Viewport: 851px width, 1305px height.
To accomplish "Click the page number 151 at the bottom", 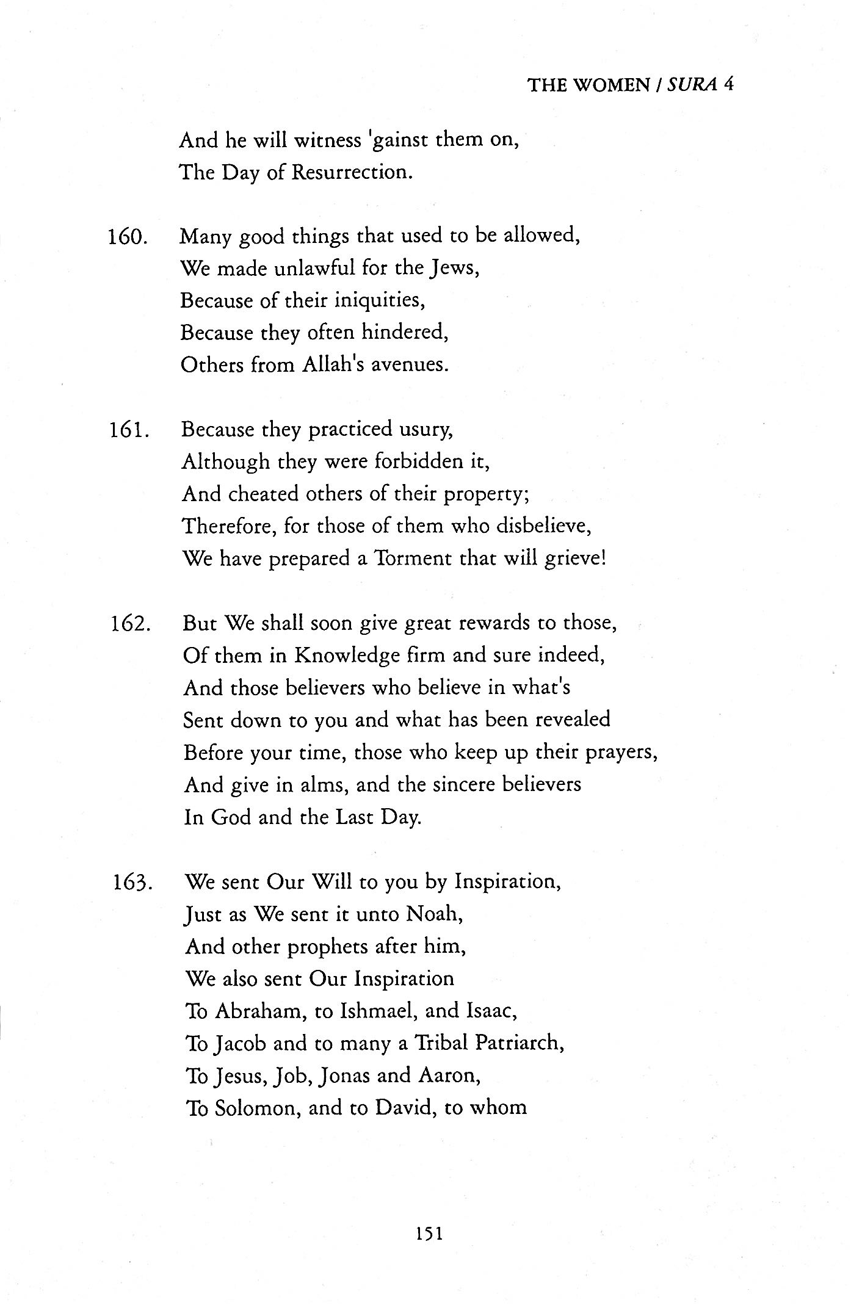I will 429,1234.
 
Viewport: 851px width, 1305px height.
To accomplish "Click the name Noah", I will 431,914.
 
